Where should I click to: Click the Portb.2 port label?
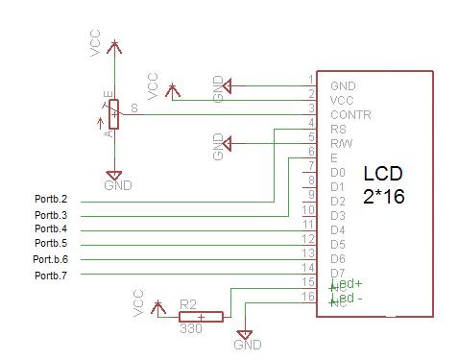(x=51, y=201)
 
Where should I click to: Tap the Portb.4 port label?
(x=51, y=229)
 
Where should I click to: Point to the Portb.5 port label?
(x=51, y=244)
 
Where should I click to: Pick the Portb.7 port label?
(x=51, y=276)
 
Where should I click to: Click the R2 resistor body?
(x=201, y=316)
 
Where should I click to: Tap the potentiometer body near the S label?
(x=114, y=114)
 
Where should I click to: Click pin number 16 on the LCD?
(x=307, y=298)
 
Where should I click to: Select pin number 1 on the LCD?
(x=310, y=79)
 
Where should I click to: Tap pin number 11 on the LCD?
(x=307, y=224)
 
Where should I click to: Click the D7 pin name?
(x=337, y=274)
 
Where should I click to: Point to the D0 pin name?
(x=337, y=172)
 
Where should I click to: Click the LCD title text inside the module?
(x=382, y=174)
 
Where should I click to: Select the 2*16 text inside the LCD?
(x=383, y=195)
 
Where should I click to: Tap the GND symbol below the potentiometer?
(x=113, y=178)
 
